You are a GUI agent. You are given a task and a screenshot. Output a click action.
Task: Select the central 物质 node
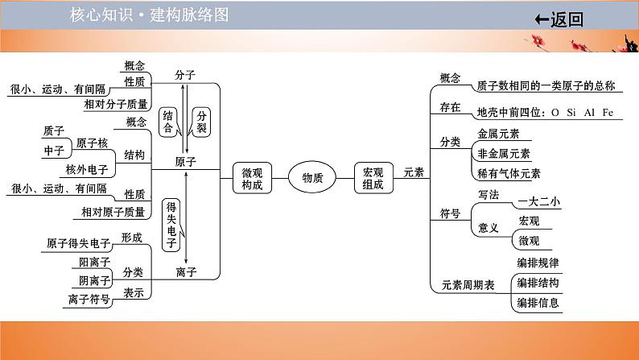312,177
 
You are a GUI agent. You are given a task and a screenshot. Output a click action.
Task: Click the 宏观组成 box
373,178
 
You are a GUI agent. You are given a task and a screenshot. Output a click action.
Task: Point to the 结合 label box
167,121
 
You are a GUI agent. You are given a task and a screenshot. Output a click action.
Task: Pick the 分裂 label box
201,121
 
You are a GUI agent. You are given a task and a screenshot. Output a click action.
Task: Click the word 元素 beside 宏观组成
414,172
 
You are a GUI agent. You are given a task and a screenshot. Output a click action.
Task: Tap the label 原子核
91,143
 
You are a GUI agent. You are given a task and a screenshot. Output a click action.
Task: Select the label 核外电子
86,169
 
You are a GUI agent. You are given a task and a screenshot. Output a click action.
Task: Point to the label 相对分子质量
116,104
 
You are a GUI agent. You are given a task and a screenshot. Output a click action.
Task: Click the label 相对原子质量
113,213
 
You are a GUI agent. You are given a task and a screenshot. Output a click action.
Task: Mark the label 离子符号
89,300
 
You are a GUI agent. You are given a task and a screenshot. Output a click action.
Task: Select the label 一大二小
538,201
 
